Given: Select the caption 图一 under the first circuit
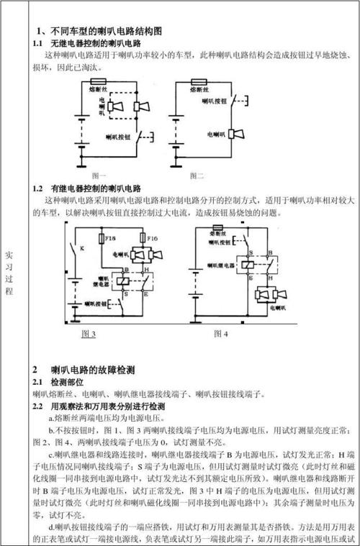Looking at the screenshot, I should pyautogui.click(x=99, y=176).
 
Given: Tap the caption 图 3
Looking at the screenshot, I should pyautogui.click(x=89, y=334).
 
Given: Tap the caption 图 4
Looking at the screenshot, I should pyautogui.click(x=220, y=334).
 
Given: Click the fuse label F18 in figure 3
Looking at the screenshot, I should pyautogui.click(x=111, y=236).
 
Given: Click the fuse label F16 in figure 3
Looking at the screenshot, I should pyautogui.click(x=152, y=236).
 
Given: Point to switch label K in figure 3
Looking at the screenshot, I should pyautogui.click(x=81, y=248).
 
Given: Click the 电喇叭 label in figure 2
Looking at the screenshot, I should pyautogui.click(x=215, y=135).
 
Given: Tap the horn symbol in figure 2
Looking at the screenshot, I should pyautogui.click(x=233, y=135).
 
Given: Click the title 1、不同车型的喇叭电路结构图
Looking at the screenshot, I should pyautogui.click(x=100, y=32).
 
